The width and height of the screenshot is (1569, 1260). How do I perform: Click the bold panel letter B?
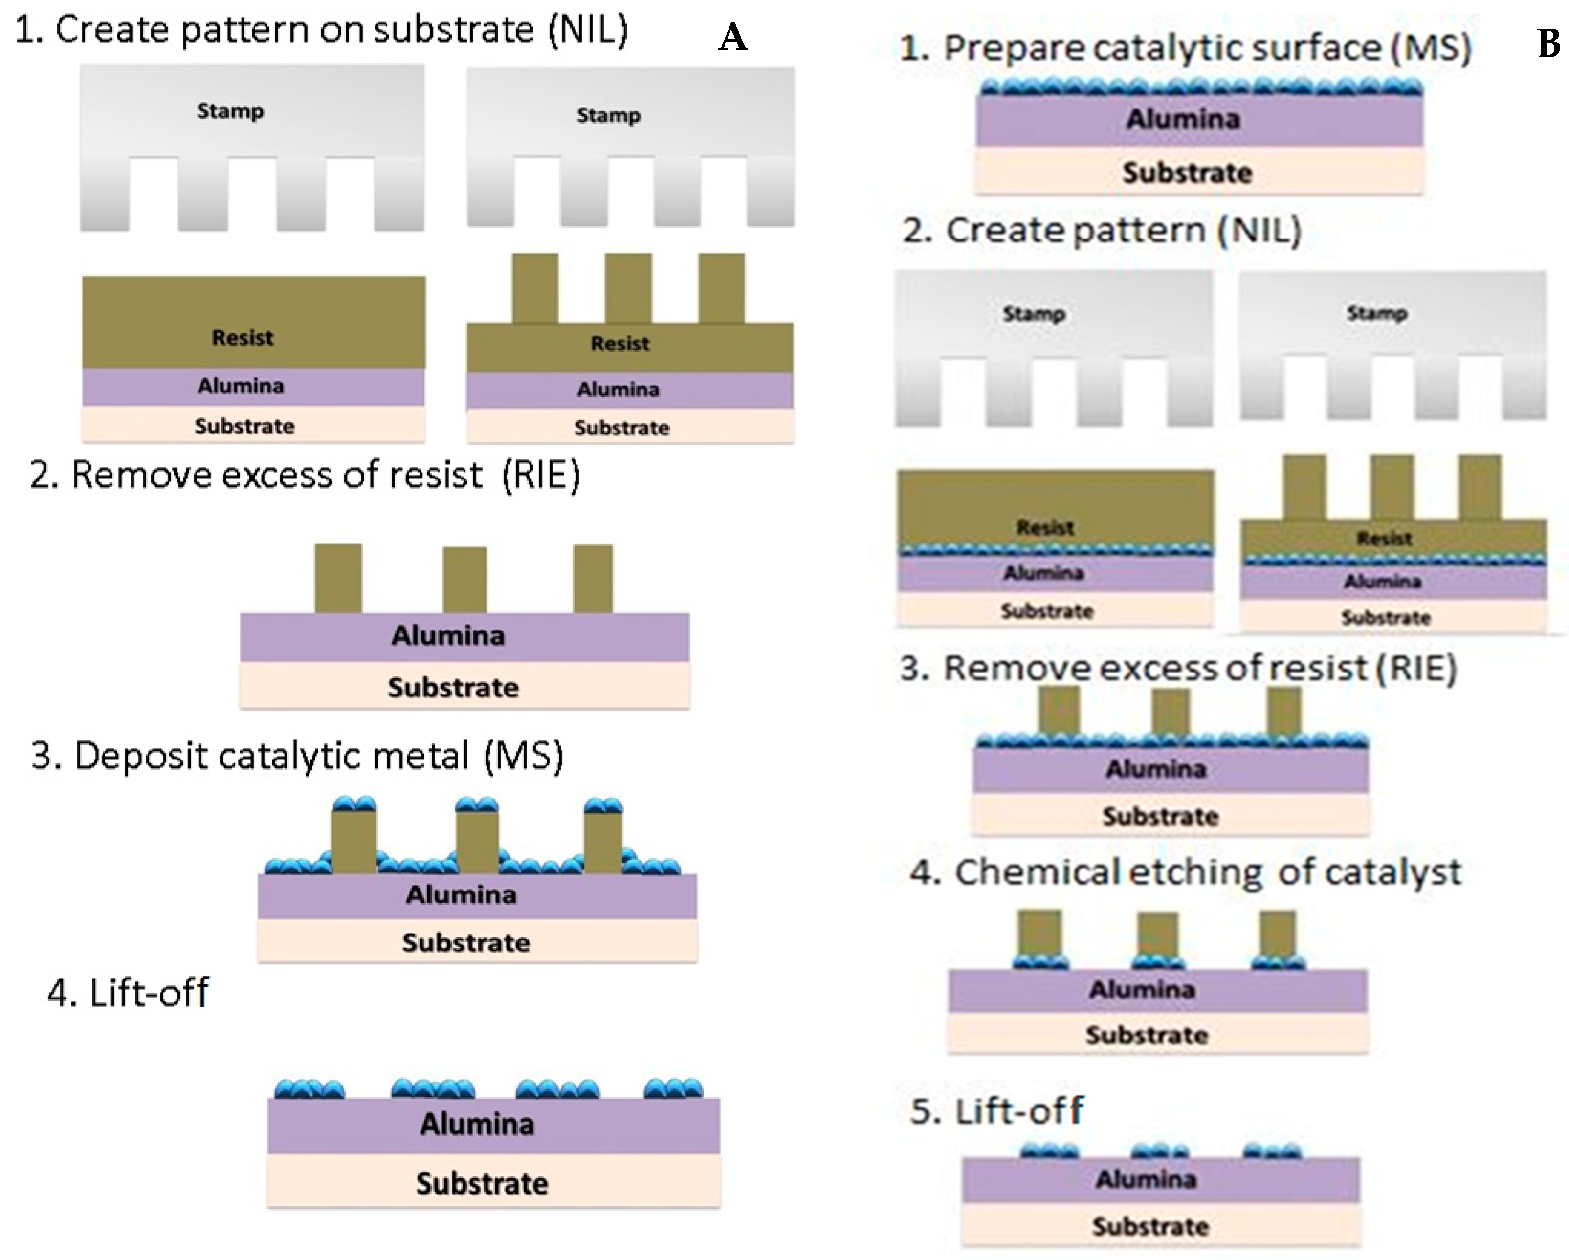(1548, 44)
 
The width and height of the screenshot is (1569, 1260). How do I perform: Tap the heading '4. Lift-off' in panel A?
(129, 992)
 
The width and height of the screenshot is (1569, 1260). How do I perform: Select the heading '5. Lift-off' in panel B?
(996, 1111)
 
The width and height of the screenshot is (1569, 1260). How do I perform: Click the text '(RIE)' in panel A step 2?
(541, 475)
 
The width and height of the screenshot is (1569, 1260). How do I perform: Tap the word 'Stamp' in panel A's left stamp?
(230, 111)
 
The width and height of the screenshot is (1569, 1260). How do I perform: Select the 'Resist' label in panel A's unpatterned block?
(243, 338)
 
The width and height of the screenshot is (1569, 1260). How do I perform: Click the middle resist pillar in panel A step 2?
(464, 579)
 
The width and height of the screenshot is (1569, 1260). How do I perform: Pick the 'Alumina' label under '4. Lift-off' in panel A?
(477, 1124)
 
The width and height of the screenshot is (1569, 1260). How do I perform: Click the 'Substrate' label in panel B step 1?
(1187, 173)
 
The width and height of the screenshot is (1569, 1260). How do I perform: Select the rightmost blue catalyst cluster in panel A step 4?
(673, 1089)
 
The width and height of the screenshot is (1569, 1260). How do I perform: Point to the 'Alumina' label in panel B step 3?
(1156, 769)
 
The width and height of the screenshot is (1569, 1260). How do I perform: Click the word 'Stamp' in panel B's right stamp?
(1376, 313)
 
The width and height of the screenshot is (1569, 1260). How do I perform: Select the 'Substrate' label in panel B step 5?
(1150, 1227)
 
